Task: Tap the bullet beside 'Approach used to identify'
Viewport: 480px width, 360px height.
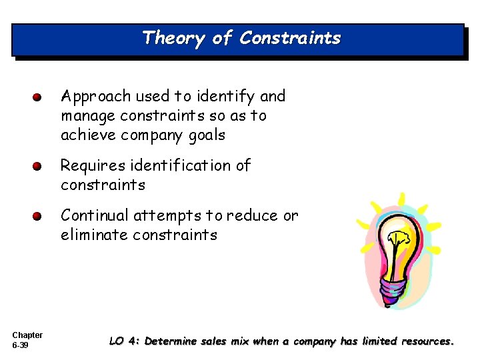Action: (x=39, y=97)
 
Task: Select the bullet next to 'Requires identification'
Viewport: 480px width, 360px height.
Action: (x=39, y=166)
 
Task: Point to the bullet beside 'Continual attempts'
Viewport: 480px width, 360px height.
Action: (x=39, y=217)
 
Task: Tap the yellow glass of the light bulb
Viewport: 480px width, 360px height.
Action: (x=399, y=244)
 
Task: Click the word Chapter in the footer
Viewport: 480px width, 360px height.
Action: (x=27, y=335)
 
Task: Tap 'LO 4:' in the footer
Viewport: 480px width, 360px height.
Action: (x=125, y=341)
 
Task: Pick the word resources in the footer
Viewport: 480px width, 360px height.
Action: (x=425, y=341)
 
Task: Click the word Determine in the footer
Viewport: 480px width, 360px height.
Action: (x=171, y=341)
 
